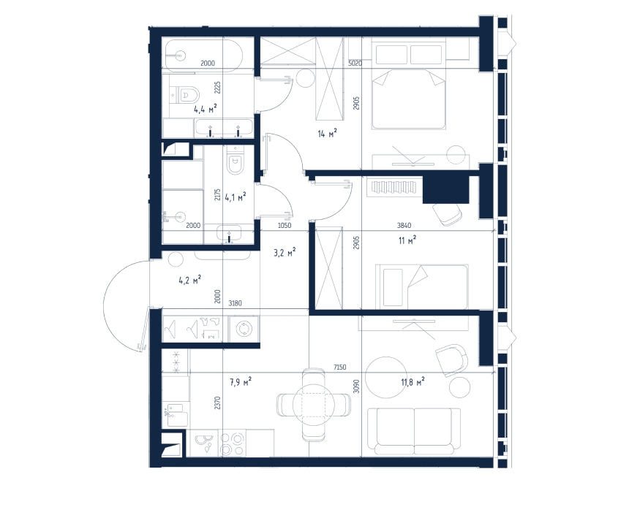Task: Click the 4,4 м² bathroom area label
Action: (206, 109)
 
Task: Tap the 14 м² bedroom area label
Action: (327, 133)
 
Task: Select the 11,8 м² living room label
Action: (413, 382)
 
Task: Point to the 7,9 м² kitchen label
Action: (241, 382)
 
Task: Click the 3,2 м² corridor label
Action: (285, 252)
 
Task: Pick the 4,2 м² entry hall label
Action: (189, 279)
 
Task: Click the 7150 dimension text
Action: (339, 367)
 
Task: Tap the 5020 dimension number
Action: (355, 63)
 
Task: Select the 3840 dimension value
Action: (404, 226)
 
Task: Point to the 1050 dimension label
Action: (285, 226)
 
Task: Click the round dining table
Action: (314, 405)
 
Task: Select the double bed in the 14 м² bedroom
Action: (409, 99)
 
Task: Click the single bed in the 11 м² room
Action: (421, 287)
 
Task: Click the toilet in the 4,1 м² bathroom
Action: (234, 159)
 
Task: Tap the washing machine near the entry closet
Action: (244, 329)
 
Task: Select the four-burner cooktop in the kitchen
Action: (233, 444)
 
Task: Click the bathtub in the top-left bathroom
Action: (202, 56)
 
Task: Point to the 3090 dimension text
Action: (357, 386)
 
